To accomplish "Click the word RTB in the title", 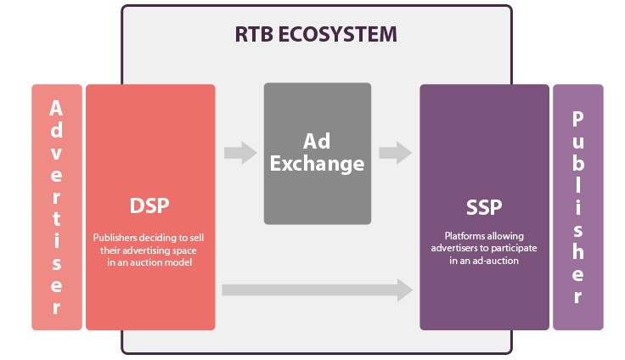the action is pyautogui.click(x=254, y=34).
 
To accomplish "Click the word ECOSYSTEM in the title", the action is pyautogui.click(x=338, y=34).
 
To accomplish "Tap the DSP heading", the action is pyautogui.click(x=149, y=205).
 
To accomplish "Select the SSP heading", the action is pyautogui.click(x=484, y=207).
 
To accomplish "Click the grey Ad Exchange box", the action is pyautogui.click(x=318, y=154).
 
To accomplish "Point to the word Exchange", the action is pyautogui.click(x=318, y=164).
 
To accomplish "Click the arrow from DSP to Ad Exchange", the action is pyautogui.click(x=240, y=153).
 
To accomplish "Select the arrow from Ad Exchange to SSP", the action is pyautogui.click(x=396, y=153).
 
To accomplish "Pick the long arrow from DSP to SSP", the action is pyautogui.click(x=318, y=290).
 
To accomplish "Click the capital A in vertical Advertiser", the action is pyautogui.click(x=56, y=109).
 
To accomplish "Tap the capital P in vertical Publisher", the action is pyautogui.click(x=578, y=119).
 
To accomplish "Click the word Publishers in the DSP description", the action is pyautogui.click(x=115, y=238).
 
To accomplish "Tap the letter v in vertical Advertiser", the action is pyautogui.click(x=56, y=154).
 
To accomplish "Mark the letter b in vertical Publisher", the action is pyautogui.click(x=578, y=163).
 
